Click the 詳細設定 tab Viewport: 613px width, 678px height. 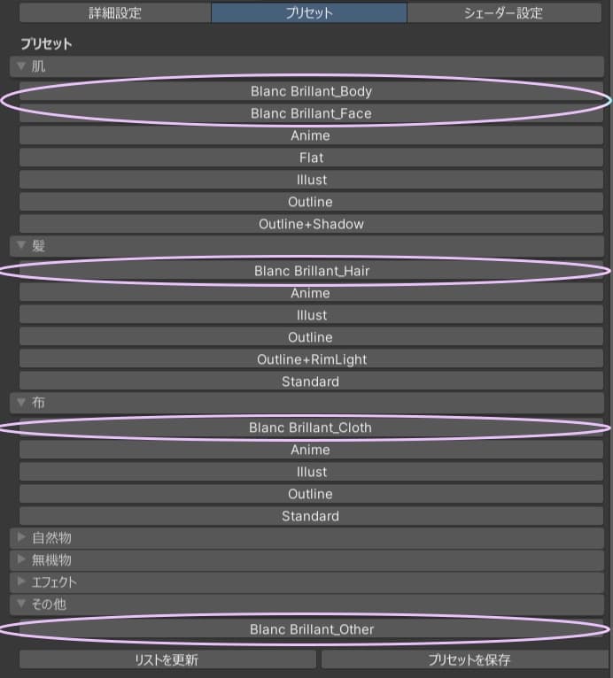[114, 13]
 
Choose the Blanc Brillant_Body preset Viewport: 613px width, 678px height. [311, 91]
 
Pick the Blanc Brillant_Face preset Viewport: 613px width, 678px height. [311, 113]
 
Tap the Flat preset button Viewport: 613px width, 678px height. [311, 158]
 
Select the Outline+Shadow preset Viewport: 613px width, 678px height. [311, 224]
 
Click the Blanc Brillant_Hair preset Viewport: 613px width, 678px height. [311, 271]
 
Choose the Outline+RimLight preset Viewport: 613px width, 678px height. [311, 359]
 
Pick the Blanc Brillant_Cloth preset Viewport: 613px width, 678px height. [311, 428]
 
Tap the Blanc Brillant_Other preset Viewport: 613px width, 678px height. [311, 629]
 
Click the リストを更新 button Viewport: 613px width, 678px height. [167, 659]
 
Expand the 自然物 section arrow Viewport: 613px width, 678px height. [22, 537]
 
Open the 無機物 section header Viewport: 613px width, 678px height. [51, 559]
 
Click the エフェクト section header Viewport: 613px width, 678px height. [54, 582]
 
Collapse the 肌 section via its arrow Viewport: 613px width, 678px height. [22, 66]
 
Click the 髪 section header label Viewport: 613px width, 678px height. [38, 246]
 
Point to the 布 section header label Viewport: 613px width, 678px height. [38, 403]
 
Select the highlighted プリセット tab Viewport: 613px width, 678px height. [309, 13]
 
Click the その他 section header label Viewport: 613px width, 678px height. [49, 604]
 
